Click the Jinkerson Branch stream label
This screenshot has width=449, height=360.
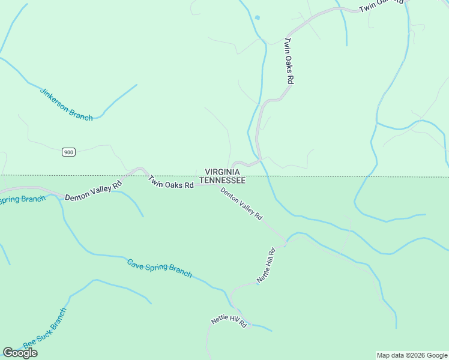tap(66, 104)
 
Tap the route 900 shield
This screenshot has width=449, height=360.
tap(68, 152)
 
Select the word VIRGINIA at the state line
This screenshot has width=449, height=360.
tap(223, 172)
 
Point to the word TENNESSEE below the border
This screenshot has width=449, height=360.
tap(222, 180)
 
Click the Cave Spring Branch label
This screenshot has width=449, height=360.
tap(159, 268)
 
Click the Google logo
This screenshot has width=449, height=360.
tap(20, 353)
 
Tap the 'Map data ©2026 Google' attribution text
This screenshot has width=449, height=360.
tap(412, 355)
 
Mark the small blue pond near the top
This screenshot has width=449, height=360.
tap(257, 17)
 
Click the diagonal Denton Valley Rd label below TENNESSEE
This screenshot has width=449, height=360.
tap(241, 203)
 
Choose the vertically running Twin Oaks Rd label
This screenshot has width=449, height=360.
tap(289, 61)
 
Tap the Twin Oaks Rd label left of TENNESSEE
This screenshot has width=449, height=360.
tap(171, 182)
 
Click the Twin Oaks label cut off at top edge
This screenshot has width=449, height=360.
tap(382, 7)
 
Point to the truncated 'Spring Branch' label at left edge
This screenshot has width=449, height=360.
tap(22, 199)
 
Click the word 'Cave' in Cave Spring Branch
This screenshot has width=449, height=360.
tap(136, 262)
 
